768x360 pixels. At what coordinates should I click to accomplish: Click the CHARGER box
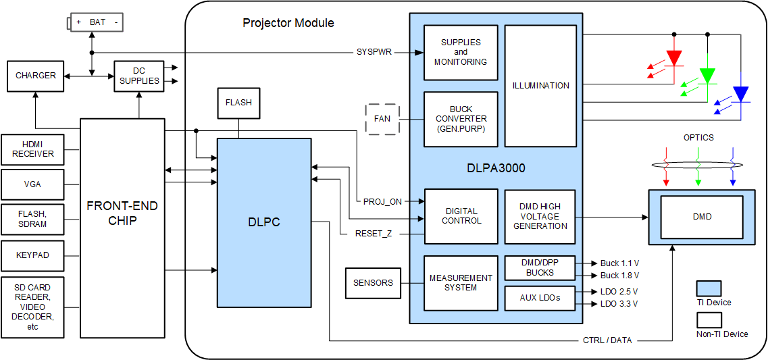pos(36,76)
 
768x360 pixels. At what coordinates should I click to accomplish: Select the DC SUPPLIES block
pos(138,76)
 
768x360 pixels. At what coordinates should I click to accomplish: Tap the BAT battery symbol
pos(96,22)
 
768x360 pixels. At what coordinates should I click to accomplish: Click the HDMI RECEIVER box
pos(32,150)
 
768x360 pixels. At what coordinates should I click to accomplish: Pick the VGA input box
pos(32,184)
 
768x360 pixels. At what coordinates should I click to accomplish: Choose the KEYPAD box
pos(32,255)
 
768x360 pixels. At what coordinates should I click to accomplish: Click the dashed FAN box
pos(382,120)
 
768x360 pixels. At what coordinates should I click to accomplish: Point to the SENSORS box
pos(373,283)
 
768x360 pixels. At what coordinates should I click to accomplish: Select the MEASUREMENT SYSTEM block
pos(461,283)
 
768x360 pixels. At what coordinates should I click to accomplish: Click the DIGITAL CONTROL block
pos(461,216)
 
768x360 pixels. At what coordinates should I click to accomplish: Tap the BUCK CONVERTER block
pos(461,119)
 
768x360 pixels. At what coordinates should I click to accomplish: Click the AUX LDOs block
pos(540,298)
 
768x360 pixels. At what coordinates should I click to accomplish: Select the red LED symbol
pos(673,58)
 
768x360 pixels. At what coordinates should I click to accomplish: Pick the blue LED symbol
pos(741,94)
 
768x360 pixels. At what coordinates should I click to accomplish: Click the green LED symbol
pos(707,76)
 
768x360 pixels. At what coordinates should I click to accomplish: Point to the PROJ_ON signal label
pos(382,201)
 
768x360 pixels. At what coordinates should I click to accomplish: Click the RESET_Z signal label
pos(374,234)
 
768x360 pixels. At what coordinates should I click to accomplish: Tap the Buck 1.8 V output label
pos(619,276)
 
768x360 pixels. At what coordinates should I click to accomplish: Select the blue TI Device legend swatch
pos(709,289)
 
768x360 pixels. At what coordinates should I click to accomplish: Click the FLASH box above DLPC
pos(238,103)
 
